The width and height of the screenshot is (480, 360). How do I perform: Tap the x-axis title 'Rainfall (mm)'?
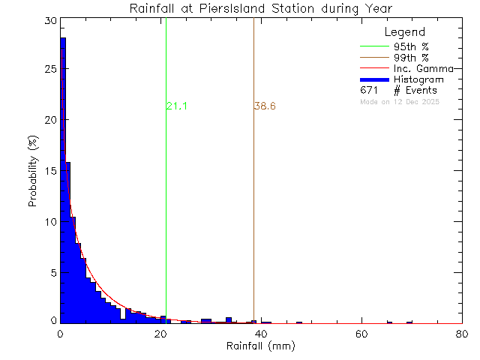(x=261, y=346)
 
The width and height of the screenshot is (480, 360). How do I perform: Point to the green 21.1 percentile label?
(x=176, y=106)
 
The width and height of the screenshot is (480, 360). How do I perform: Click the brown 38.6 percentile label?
(x=265, y=106)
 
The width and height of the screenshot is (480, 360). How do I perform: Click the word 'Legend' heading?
(x=404, y=32)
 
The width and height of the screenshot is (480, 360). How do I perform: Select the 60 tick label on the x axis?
(x=362, y=334)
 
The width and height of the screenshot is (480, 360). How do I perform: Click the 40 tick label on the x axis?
(x=261, y=334)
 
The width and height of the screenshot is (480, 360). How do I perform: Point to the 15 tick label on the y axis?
(x=49, y=171)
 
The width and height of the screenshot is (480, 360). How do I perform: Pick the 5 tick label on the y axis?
(x=52, y=272)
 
